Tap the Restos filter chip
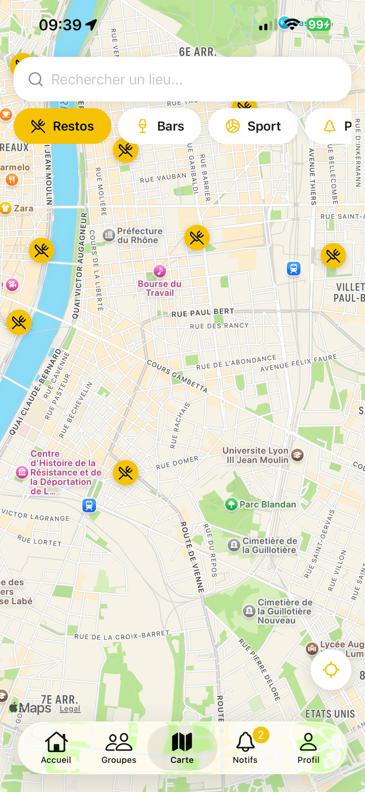(62, 126)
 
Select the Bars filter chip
(160, 126)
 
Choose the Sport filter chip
(253, 126)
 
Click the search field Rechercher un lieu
(182, 79)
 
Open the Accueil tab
(56, 747)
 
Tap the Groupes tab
(119, 747)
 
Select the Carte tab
(182, 747)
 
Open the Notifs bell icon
(245, 742)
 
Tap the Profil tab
(308, 747)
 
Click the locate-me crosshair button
(331, 670)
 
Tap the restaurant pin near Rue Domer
(125, 473)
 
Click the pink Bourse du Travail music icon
(160, 271)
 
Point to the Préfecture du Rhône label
(139, 235)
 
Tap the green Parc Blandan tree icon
(231, 504)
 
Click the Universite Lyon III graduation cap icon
(297, 455)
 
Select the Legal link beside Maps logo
(70, 709)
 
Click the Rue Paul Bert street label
(202, 312)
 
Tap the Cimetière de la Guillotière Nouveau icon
(249, 612)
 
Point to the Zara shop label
(23, 208)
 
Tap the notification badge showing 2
(261, 735)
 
